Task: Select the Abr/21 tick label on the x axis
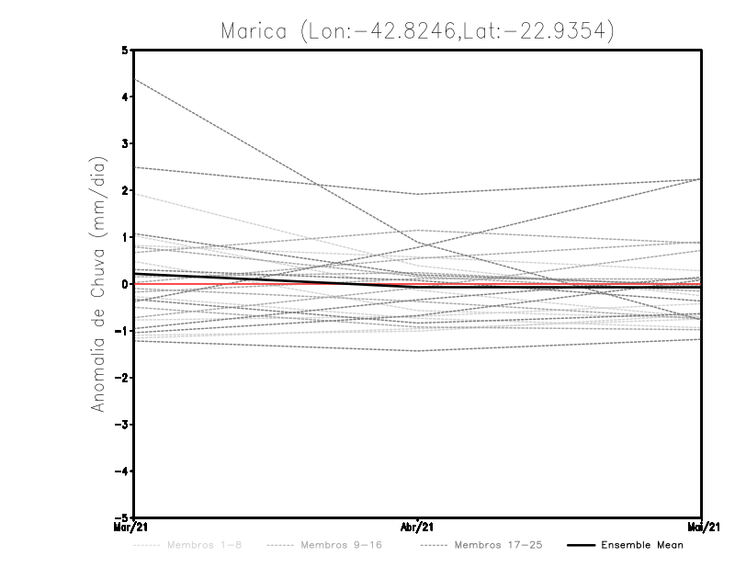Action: [418, 528]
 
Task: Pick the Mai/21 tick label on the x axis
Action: [702, 528]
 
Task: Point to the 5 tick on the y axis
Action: [125, 50]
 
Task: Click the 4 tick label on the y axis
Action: [125, 97]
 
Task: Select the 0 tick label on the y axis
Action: [125, 284]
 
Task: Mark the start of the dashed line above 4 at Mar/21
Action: [135, 80]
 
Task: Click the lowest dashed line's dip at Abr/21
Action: [418, 351]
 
